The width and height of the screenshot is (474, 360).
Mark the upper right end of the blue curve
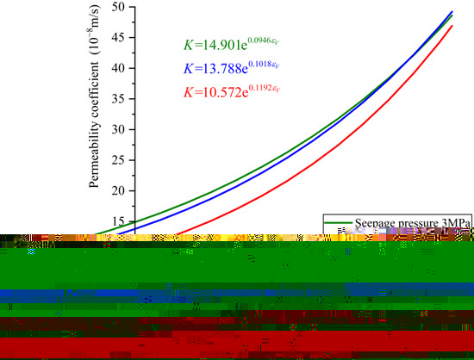point(452,12)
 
